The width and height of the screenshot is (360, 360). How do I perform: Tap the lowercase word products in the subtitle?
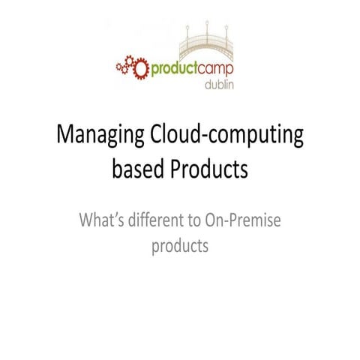[x=179, y=246]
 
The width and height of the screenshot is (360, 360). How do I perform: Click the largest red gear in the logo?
[x=139, y=67]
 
